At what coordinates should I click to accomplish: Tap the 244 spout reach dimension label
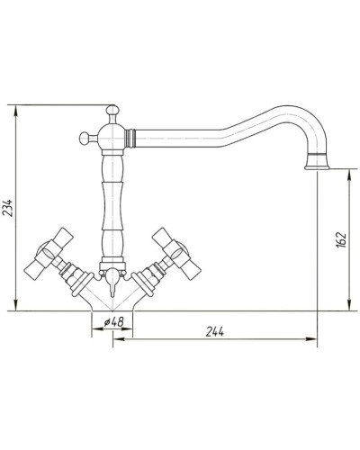click(x=215, y=330)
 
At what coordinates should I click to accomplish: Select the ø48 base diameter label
click(x=112, y=321)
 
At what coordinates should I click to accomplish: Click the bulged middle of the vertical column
click(x=112, y=202)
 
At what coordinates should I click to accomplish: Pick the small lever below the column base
click(x=112, y=290)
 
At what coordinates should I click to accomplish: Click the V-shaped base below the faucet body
click(x=112, y=304)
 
